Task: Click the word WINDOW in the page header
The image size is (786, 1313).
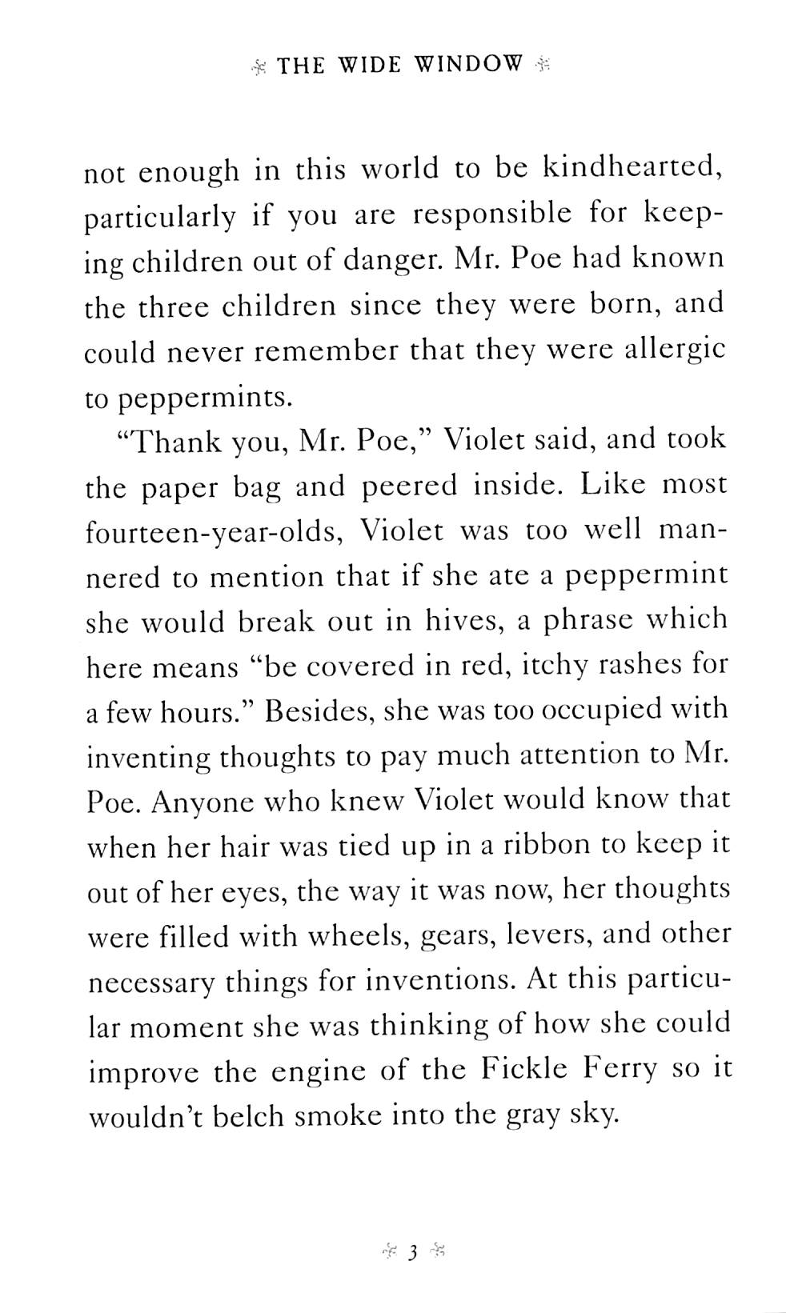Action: coord(468,65)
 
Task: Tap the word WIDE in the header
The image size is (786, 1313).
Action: coord(370,65)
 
